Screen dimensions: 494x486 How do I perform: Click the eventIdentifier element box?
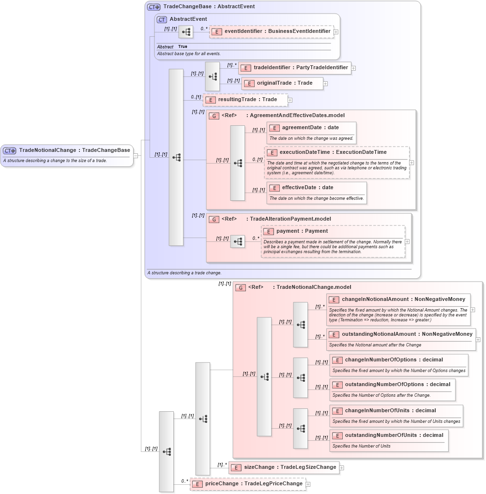272,31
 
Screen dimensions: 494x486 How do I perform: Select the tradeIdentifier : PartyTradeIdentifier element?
295,68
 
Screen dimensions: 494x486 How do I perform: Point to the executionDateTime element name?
333,152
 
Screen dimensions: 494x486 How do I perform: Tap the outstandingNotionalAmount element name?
380,334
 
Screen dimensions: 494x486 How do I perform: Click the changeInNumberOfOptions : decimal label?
394,360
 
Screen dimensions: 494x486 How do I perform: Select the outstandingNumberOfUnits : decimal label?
394,435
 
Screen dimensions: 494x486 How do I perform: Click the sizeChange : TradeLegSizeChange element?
284,467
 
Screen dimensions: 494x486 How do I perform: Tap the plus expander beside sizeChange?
342,468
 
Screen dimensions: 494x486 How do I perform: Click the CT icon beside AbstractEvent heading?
162,19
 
